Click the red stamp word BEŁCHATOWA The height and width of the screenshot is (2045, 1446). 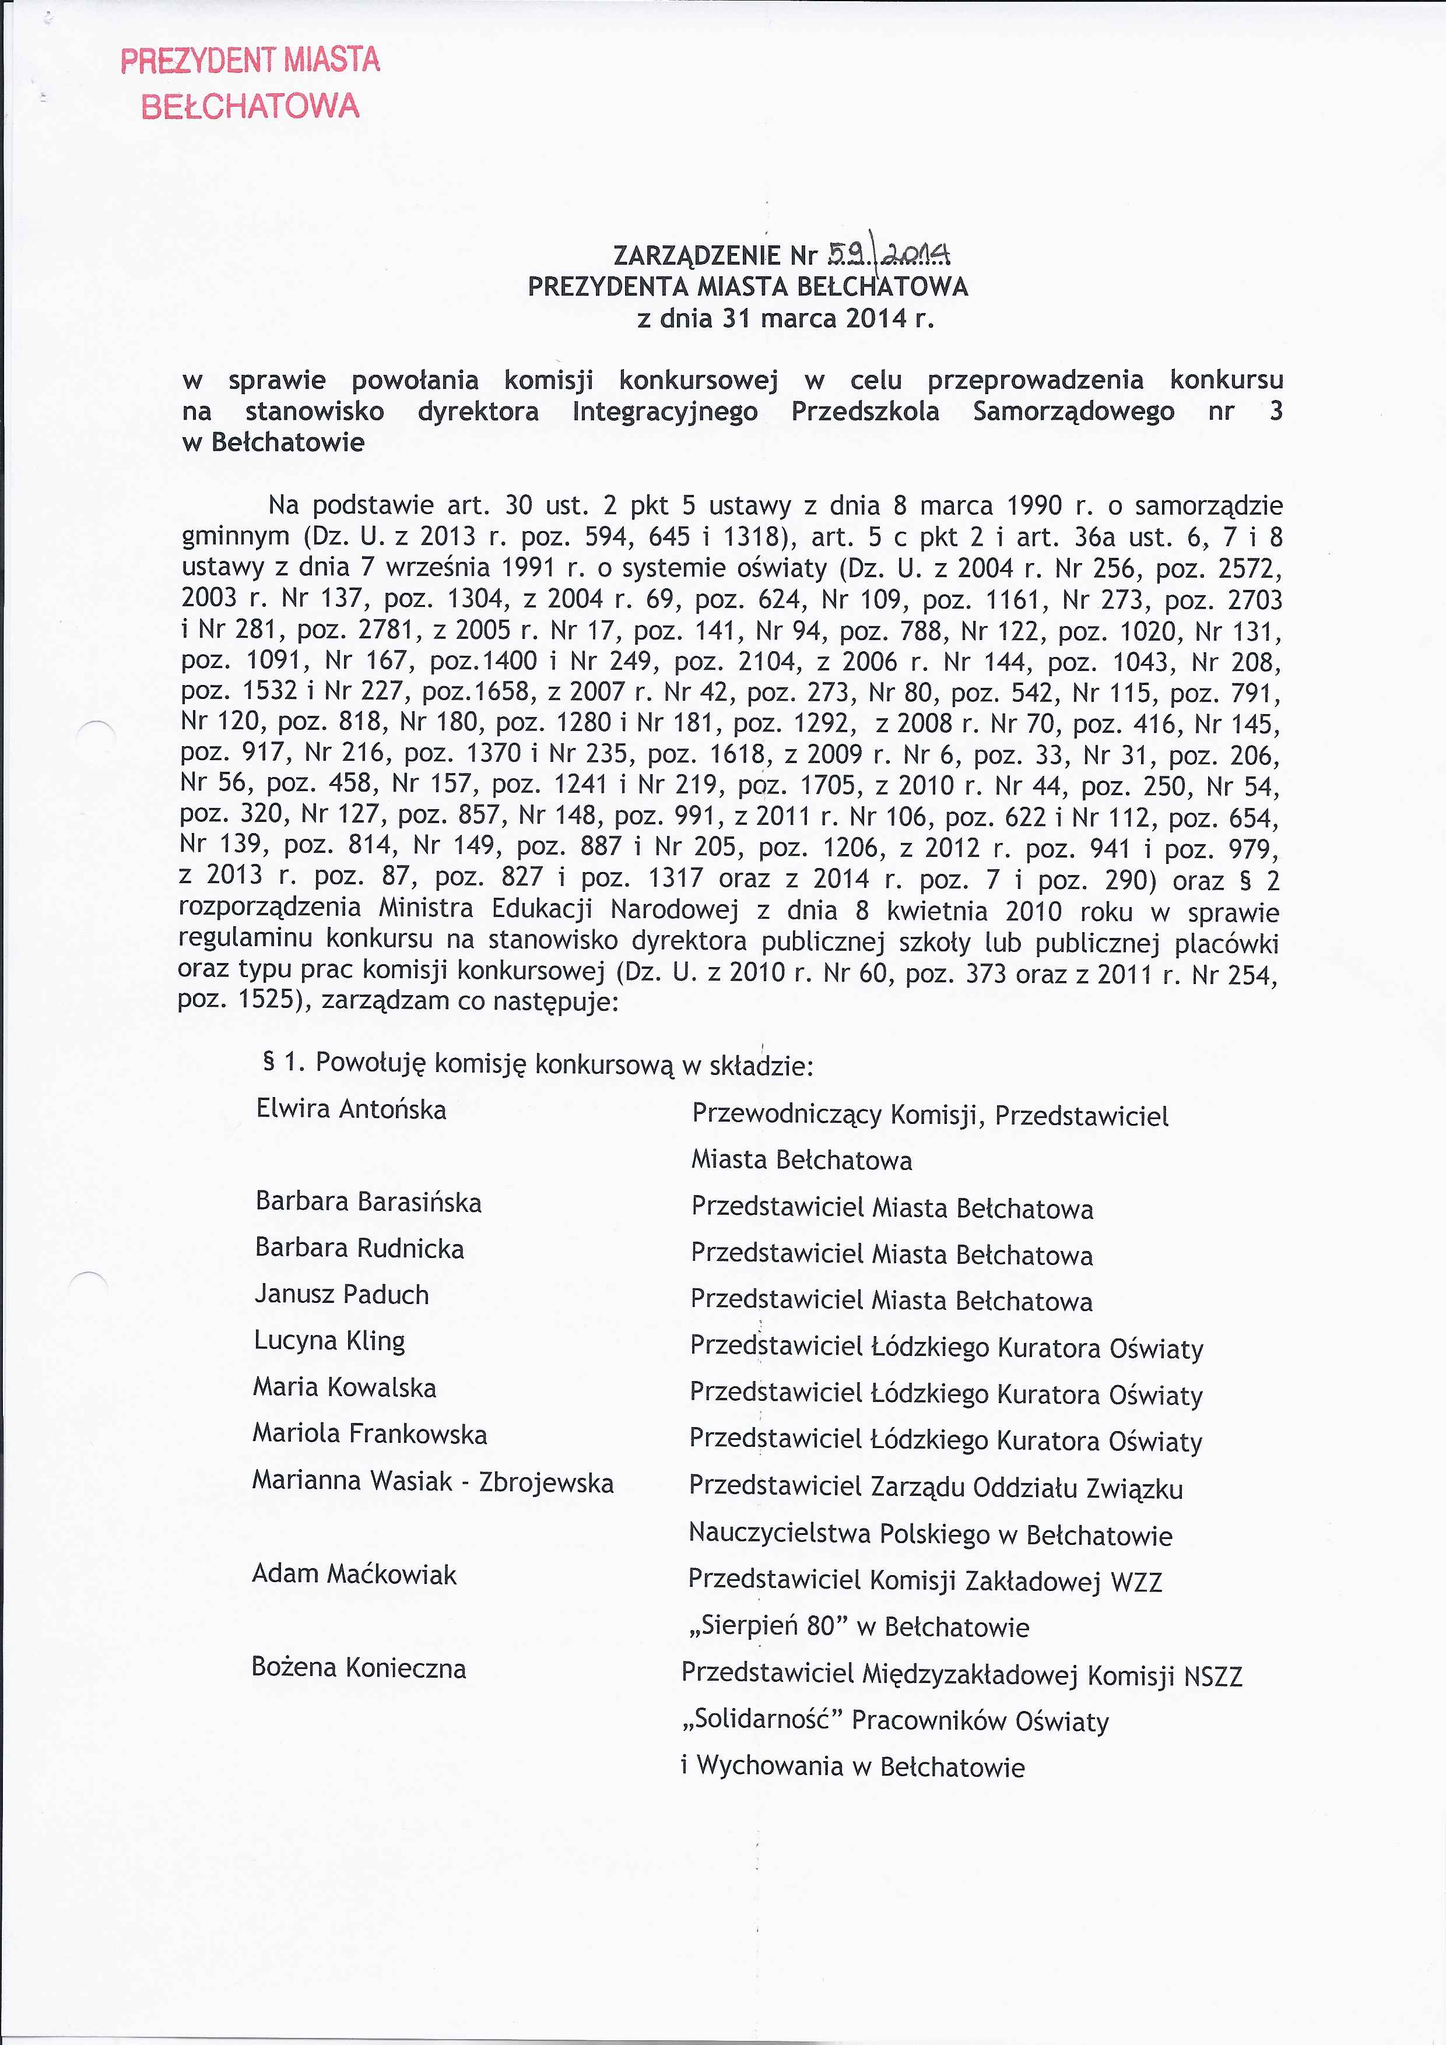[x=250, y=107]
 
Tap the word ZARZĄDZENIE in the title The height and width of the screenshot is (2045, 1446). [x=697, y=256]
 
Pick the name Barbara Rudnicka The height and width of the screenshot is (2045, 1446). [x=359, y=1249]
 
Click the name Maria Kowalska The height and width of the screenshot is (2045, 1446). [x=344, y=1387]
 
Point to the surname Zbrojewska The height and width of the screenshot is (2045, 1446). [x=546, y=1483]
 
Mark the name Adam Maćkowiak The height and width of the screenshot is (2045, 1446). [x=354, y=1575]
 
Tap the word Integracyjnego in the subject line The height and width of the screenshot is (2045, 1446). [x=665, y=412]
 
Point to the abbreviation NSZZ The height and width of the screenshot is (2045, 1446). [x=1213, y=1675]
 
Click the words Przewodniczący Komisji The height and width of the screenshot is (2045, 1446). [x=837, y=1116]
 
